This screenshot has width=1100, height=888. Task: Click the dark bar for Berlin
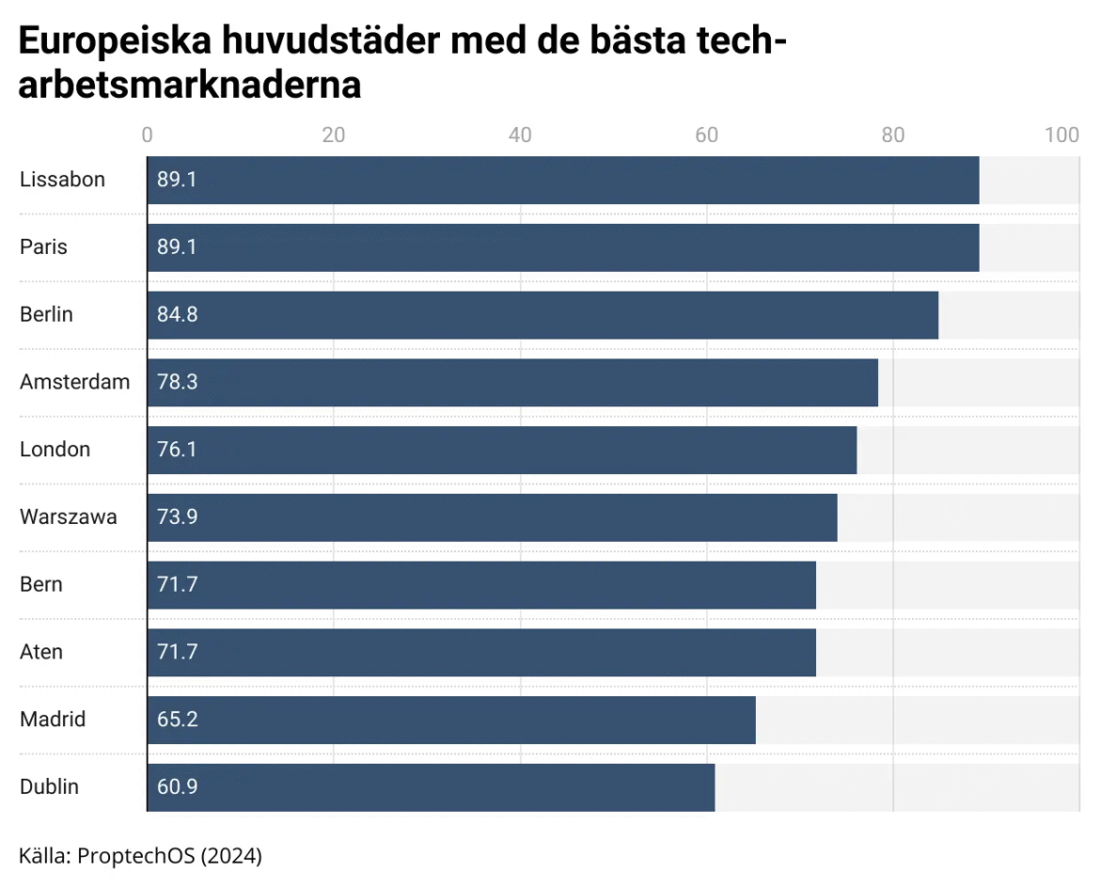542,315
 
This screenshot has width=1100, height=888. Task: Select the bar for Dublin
431,787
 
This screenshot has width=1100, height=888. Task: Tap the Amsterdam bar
512,383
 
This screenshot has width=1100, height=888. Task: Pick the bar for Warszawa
492,517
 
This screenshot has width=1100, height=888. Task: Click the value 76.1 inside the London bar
177,450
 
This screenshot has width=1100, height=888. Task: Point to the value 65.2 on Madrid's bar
177,720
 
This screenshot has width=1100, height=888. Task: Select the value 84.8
177,315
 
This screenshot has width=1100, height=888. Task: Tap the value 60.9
177,787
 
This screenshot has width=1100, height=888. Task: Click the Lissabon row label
62,180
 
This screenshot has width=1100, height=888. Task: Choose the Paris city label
43,247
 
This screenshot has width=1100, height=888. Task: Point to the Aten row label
41,652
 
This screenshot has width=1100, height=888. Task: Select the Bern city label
41,584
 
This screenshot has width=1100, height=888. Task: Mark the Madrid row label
53,720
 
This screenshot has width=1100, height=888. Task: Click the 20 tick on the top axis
333,135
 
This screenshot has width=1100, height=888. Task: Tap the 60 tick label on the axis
706,135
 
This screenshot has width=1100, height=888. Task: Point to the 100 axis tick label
1061,135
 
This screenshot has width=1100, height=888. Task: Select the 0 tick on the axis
148,135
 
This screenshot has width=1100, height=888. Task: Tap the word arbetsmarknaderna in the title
190,86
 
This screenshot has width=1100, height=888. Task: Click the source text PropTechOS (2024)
169,856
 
